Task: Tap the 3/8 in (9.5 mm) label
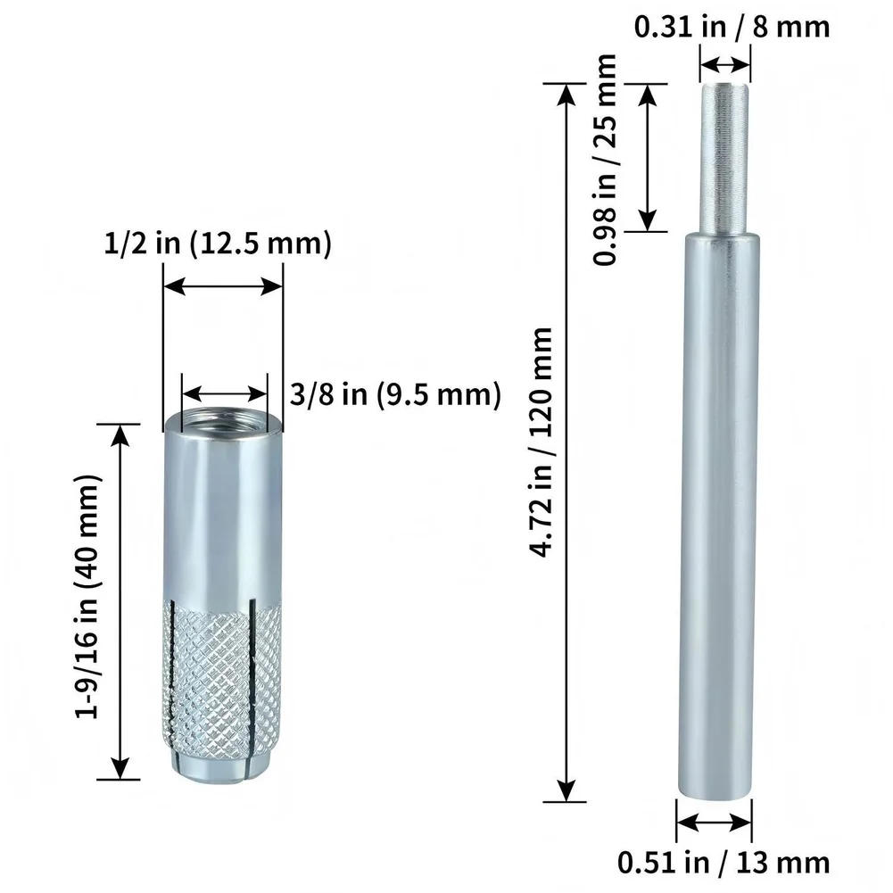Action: (395, 393)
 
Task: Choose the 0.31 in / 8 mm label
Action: (732, 27)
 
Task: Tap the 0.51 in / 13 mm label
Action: (723, 863)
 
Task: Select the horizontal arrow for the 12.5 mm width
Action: (223, 286)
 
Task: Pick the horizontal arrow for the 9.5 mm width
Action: (224, 393)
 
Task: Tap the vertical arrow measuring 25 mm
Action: (648, 158)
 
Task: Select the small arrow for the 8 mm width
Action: (724, 64)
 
